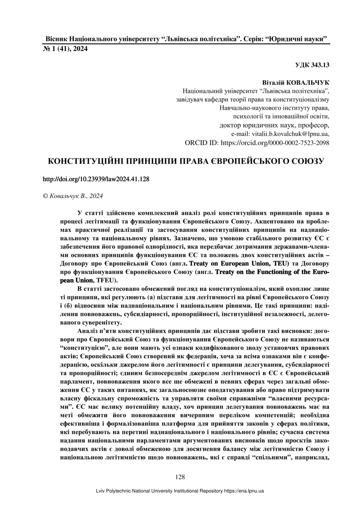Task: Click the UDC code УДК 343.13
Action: click(312, 65)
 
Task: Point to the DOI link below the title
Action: click(96, 180)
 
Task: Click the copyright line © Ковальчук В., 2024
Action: click(73, 196)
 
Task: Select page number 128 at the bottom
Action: click(180, 477)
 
